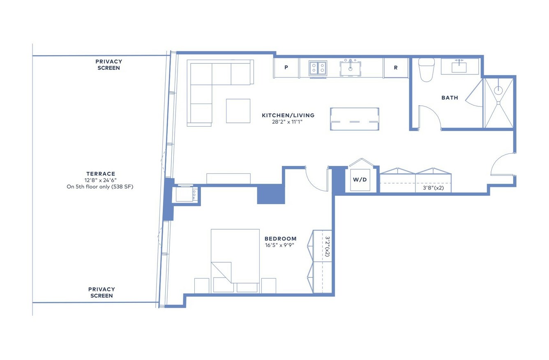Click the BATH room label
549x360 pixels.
pyautogui.click(x=450, y=98)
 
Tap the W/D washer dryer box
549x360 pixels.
pyautogui.click(x=360, y=180)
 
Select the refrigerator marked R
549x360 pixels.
pyautogui.click(x=396, y=68)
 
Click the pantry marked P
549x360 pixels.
pyautogui.click(x=286, y=67)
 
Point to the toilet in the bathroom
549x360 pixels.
pyautogui.click(x=426, y=69)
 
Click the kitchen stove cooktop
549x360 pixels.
pyautogui.click(x=318, y=68)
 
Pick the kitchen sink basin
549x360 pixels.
pyautogui.click(x=350, y=69)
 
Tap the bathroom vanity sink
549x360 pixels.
pyautogui.click(x=459, y=67)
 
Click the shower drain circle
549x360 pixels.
pyautogui.click(x=498, y=90)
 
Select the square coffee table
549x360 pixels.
pyautogui.click(x=238, y=111)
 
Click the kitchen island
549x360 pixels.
pyautogui.click(x=354, y=119)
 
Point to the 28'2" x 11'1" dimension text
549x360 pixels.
pyautogui.click(x=287, y=122)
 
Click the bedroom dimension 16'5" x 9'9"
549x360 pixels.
pyautogui.click(x=279, y=245)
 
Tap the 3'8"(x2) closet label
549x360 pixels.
pyautogui.click(x=433, y=188)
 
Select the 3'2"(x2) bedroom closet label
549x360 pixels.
pyautogui.click(x=327, y=247)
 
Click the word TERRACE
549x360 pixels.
pyautogui.click(x=101, y=174)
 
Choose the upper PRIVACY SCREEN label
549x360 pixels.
pyautogui.click(x=108, y=65)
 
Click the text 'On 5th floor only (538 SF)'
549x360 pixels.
pyautogui.click(x=100, y=187)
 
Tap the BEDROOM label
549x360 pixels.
pyautogui.click(x=280, y=239)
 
